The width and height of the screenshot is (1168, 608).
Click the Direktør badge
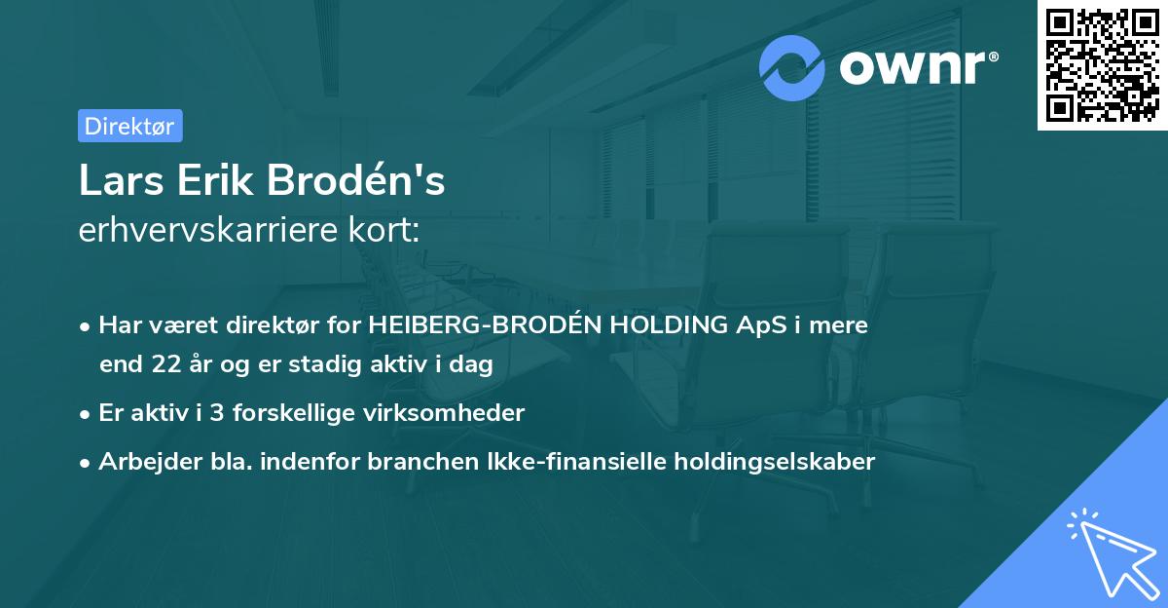pos(129,126)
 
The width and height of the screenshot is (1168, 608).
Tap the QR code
pos(1102,64)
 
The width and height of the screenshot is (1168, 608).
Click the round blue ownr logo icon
pos(792,67)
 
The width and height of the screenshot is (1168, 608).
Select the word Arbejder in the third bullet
pos(145,462)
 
